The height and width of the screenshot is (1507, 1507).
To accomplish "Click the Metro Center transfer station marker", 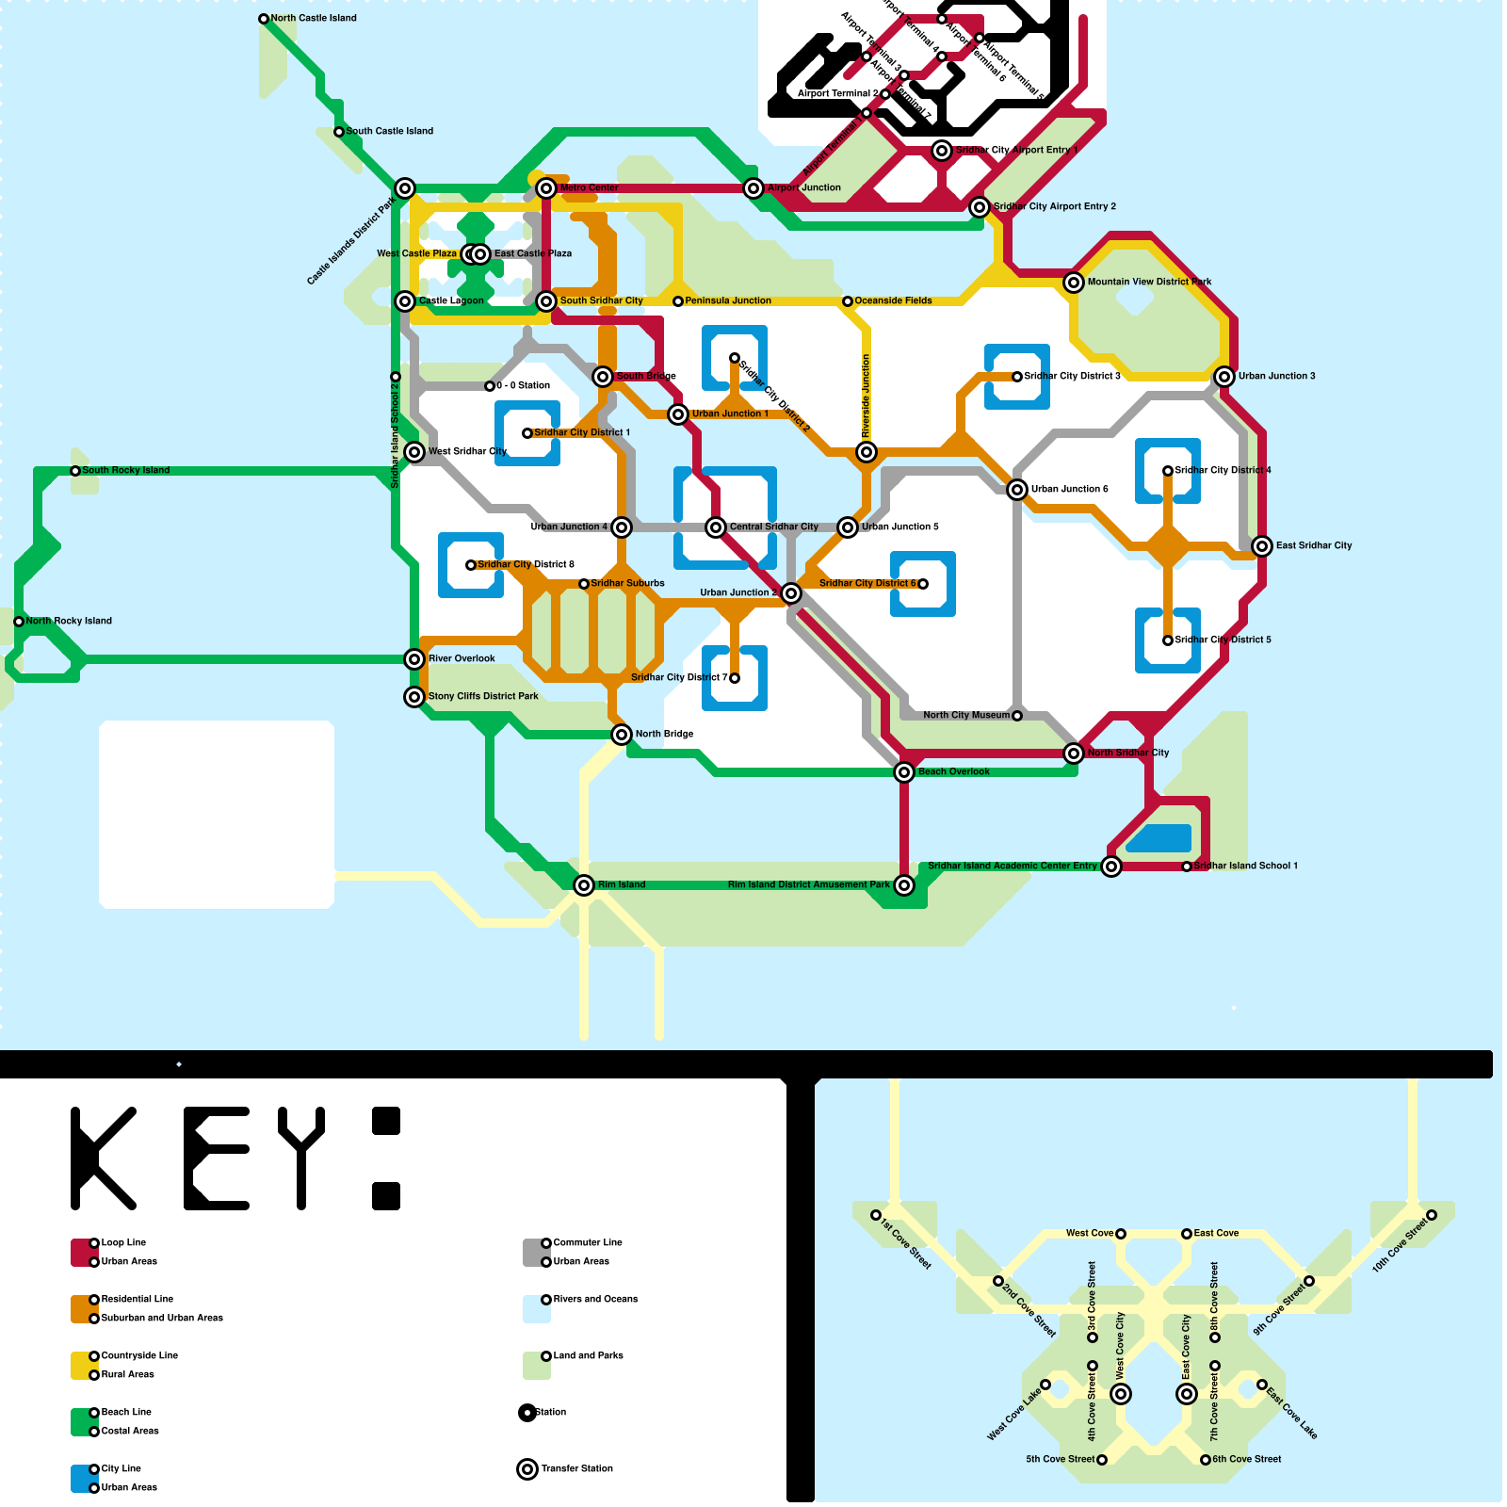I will [546, 188].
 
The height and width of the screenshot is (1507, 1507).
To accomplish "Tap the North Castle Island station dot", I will [264, 19].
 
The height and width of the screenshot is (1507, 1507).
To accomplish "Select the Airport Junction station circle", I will [753, 188].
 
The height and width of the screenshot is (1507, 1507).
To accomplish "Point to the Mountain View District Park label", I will [1149, 282].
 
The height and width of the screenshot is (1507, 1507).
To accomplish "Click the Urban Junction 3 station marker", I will [1224, 377].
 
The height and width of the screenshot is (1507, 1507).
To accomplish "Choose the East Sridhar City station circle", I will [1262, 546].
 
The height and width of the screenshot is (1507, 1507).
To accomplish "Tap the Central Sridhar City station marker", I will [716, 527].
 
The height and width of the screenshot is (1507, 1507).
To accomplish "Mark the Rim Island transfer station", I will [584, 885].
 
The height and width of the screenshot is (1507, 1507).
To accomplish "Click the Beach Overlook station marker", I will [904, 772].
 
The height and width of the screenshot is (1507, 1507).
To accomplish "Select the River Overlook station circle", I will [414, 659].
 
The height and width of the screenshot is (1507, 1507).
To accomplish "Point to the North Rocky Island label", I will [69, 621].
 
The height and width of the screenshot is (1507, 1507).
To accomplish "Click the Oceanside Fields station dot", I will [848, 301].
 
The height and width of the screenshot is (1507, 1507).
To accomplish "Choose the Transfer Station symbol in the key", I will [527, 1469].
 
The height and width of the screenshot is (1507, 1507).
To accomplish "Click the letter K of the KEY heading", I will [102, 1159].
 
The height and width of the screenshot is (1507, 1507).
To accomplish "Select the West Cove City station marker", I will [1121, 1394].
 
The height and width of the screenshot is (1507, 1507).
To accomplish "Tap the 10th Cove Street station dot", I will [1432, 1215].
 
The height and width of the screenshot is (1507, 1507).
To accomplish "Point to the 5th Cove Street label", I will [1060, 1459].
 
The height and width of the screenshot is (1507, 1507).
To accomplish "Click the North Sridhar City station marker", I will [1074, 753].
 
